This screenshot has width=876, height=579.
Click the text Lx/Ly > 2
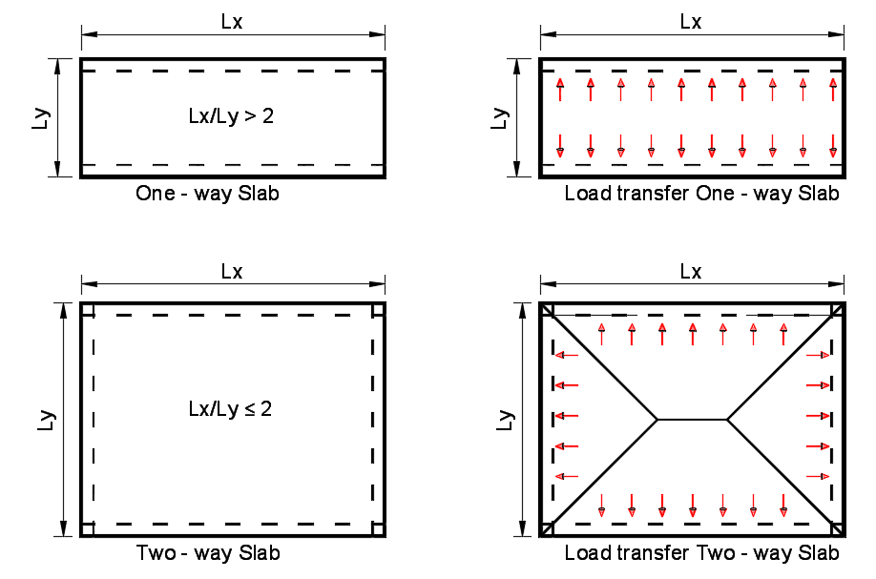click(231, 116)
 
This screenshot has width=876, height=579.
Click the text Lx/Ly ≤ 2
click(230, 409)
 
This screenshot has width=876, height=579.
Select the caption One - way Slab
click(207, 194)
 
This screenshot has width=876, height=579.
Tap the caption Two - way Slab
click(208, 552)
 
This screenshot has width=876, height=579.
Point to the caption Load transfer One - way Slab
click(701, 194)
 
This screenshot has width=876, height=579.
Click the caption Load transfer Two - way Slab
click(701, 552)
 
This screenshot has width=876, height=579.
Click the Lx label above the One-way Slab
click(232, 22)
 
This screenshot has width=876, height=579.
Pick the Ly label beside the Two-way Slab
click(47, 421)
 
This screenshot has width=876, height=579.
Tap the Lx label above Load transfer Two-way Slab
click(691, 272)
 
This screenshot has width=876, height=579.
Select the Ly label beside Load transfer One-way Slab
click(501, 118)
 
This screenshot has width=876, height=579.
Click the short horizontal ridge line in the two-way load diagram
click(692, 419)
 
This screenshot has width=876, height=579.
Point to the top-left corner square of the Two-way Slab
click(87, 309)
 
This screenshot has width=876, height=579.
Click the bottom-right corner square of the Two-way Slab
click(379, 529)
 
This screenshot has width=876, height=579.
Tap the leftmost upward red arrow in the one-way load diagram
click(560, 90)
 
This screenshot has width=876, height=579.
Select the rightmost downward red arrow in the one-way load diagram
click(833, 146)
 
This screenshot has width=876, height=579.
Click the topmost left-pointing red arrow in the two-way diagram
click(567, 355)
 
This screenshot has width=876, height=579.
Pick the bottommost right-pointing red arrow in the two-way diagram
click(818, 476)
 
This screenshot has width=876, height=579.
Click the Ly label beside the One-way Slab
click(41, 118)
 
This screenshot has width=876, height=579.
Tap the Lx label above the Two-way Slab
click(232, 272)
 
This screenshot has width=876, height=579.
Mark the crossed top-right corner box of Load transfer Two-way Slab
click(838, 310)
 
